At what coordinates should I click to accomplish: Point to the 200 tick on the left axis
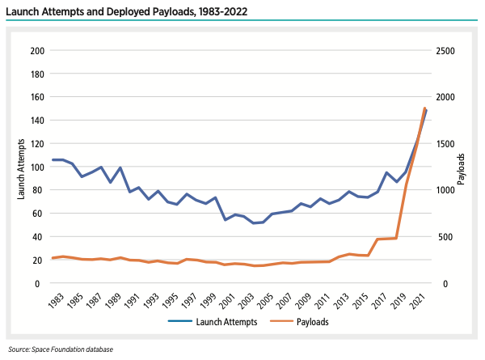36,50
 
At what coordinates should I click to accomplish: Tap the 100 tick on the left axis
36,167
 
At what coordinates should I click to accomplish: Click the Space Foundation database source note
61,349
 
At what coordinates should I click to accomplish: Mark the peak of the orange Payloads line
425,108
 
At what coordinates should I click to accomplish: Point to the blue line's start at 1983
53,159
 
